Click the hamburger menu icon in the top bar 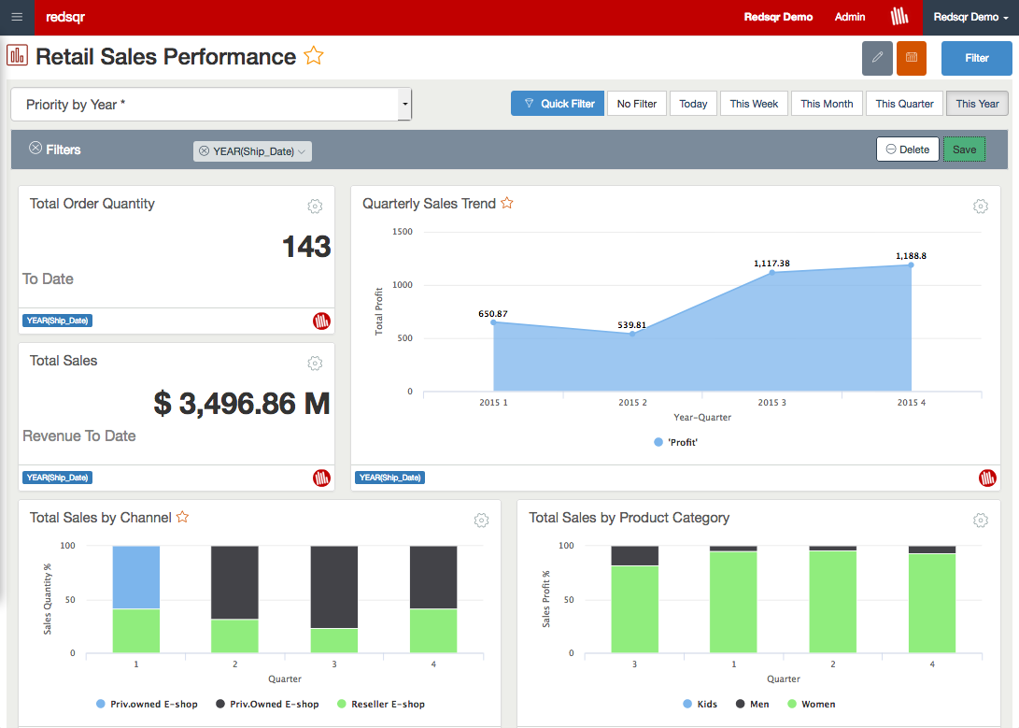[17, 17]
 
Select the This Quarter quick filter [904, 104]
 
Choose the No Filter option [637, 104]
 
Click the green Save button [964, 150]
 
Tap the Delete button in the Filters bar [907, 150]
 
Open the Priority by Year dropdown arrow [404, 105]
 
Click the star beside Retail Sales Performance [314, 56]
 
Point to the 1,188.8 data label [911, 255]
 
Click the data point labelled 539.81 [632, 334]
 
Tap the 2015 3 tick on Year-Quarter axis [771, 403]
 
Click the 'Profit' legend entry [676, 442]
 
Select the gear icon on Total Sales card [315, 364]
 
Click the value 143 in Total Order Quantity [306, 247]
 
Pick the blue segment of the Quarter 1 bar [136, 577]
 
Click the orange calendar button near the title [911, 58]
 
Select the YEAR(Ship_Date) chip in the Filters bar [252, 151]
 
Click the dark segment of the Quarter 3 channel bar [334, 586]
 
